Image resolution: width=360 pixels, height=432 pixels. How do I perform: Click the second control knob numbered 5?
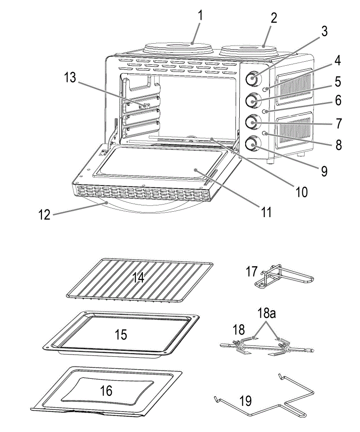click(x=251, y=100)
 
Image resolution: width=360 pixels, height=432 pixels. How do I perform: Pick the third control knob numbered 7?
click(x=251, y=122)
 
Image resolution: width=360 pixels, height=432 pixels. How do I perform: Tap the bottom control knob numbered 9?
click(x=251, y=144)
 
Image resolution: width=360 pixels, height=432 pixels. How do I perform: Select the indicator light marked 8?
click(x=267, y=133)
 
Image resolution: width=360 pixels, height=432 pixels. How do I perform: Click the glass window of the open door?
click(x=158, y=164)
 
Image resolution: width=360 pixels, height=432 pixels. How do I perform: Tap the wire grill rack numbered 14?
click(x=140, y=279)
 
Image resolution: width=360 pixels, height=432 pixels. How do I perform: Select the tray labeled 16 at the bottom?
click(x=106, y=391)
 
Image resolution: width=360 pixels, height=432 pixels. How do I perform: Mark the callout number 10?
click(x=301, y=192)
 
